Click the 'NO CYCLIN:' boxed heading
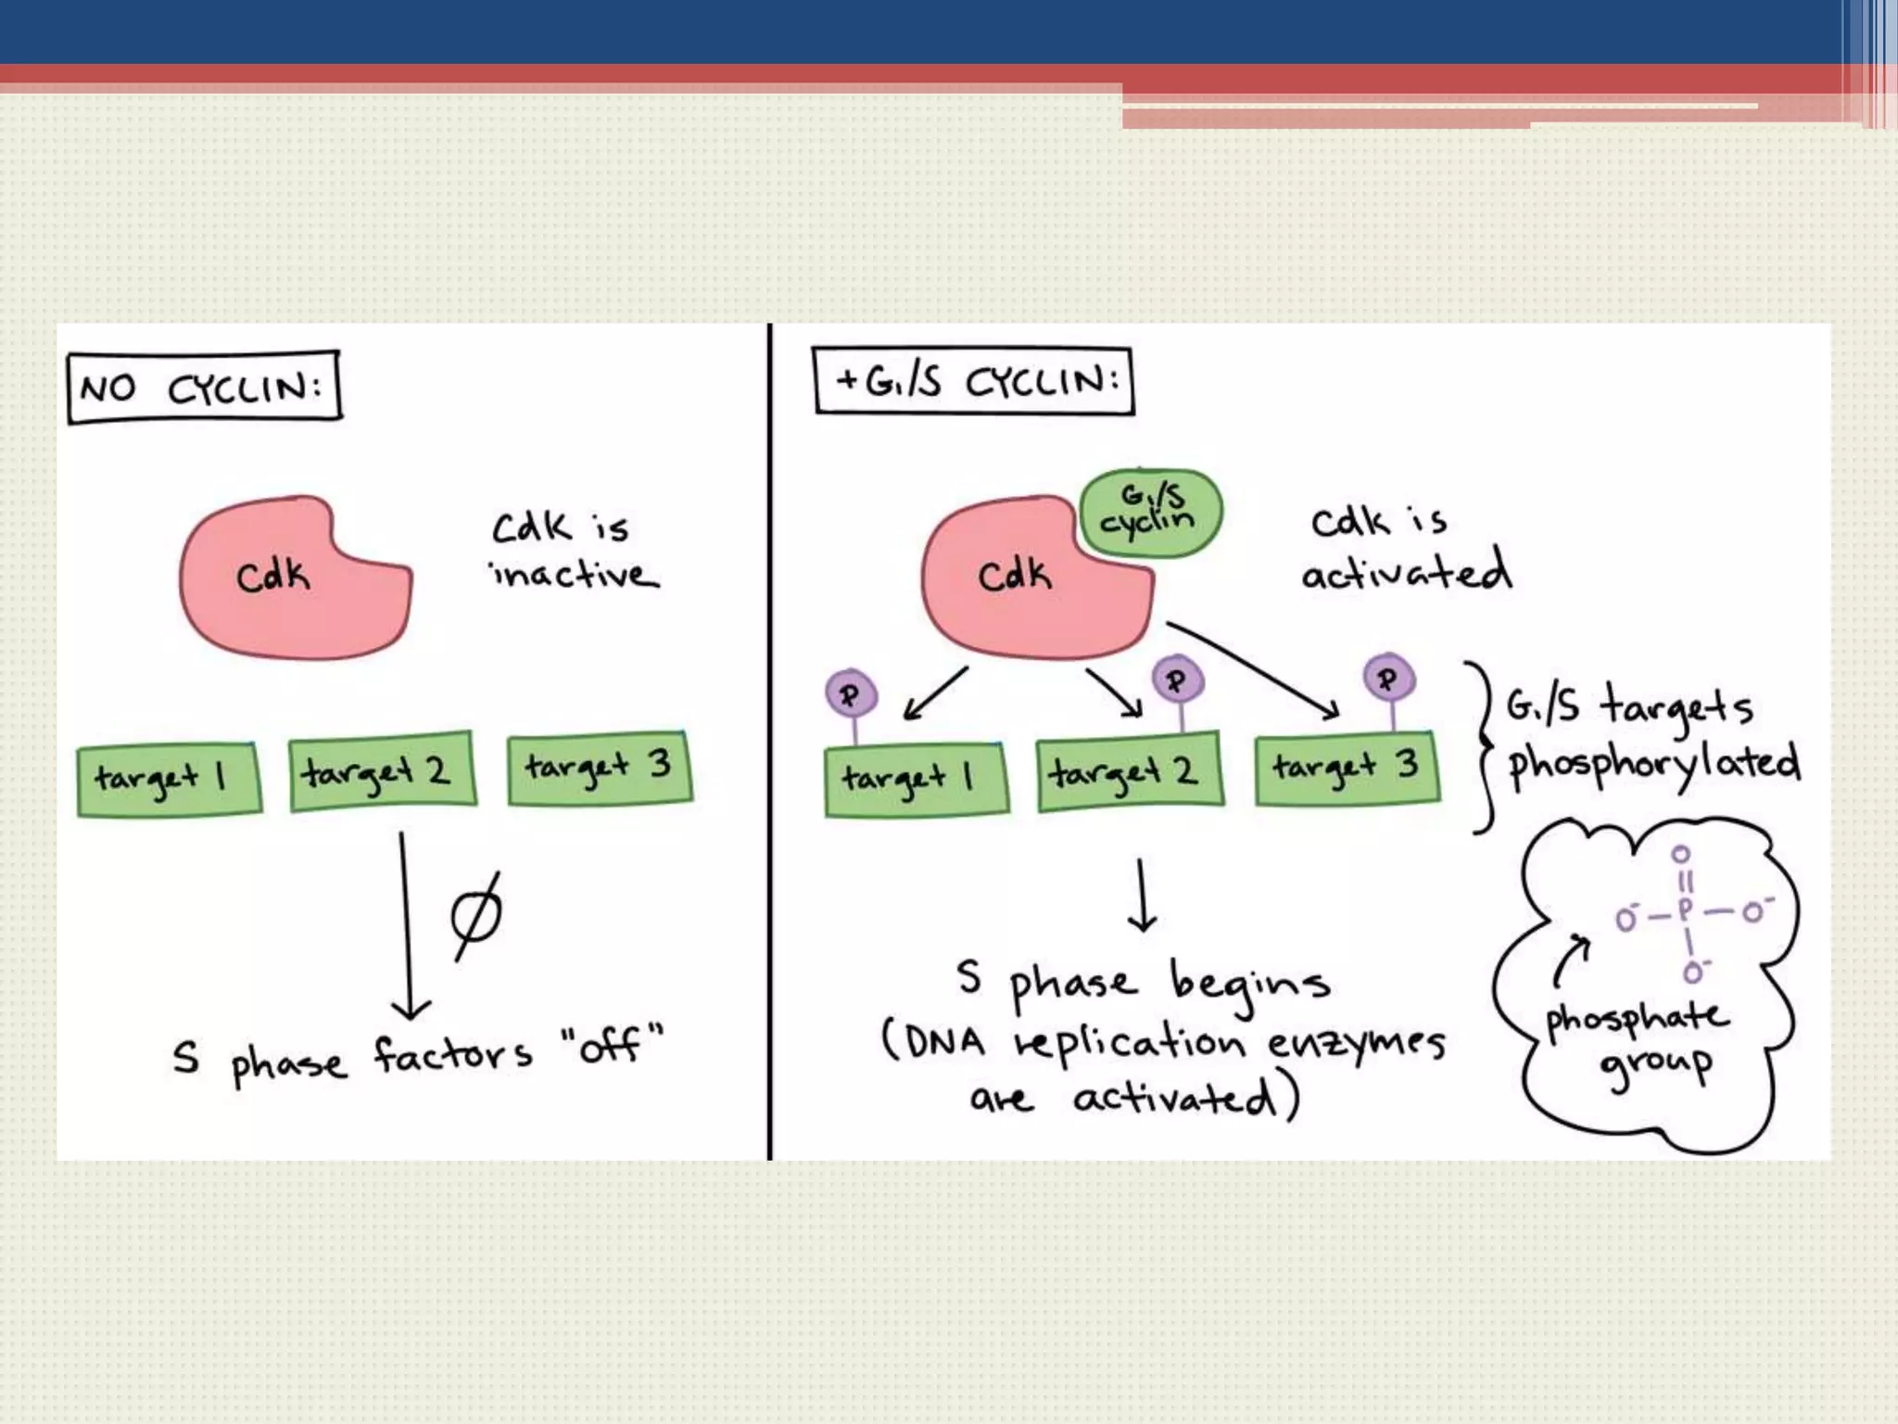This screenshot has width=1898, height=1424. click(x=204, y=387)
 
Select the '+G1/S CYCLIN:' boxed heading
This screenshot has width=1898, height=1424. click(x=974, y=380)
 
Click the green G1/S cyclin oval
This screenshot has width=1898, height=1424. click(x=1150, y=514)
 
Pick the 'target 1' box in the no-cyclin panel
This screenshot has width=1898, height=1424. click(x=169, y=779)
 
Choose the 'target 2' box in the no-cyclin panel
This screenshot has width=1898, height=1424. click(x=382, y=771)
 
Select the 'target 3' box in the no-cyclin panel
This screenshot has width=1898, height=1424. click(x=600, y=769)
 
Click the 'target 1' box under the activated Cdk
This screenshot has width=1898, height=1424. click(x=916, y=780)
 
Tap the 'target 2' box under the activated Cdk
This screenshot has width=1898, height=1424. click(x=1130, y=771)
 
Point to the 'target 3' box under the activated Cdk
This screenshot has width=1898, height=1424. click(x=1347, y=768)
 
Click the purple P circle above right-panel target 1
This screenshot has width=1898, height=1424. click(x=851, y=693)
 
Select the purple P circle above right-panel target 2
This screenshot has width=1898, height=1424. click(x=1178, y=680)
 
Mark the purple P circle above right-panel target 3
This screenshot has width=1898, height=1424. click(x=1388, y=679)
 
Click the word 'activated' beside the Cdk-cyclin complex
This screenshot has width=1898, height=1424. click(x=1406, y=572)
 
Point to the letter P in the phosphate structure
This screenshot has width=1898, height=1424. click(x=1685, y=910)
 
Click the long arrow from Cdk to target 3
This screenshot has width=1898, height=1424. click(x=1251, y=669)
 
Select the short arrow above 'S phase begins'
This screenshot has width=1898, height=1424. click(x=1142, y=895)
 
